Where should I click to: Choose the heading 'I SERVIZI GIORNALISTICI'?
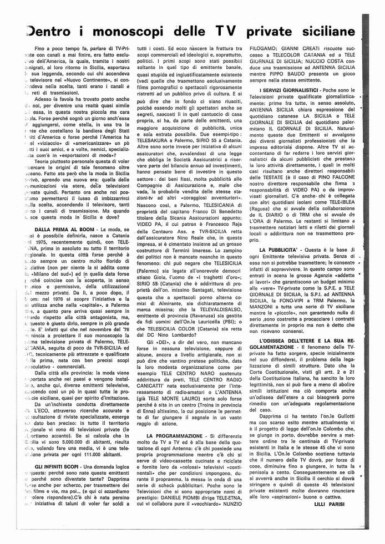pyautogui.click(x=290, y=89)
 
